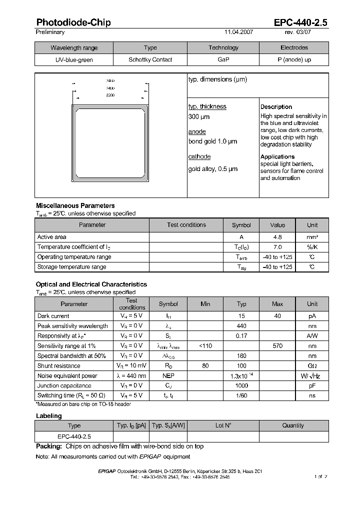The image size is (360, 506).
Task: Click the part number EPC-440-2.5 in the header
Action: coord(300,22)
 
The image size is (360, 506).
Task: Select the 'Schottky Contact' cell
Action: coord(150,60)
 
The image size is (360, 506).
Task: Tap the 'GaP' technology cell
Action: coord(223,60)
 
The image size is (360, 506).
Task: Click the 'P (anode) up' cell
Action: coord(294,60)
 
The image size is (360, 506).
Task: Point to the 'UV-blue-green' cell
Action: coord(74,60)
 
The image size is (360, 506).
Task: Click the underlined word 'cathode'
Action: coord(199,157)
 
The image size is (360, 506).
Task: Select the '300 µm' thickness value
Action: coord(199,117)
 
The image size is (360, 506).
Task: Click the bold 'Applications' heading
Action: coord(277,157)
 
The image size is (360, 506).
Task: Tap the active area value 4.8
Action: coord(277,237)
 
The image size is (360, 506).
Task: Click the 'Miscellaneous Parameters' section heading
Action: coord(75,205)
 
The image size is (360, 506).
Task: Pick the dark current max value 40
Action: coord(277,316)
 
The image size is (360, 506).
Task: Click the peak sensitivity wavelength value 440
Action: coord(241,326)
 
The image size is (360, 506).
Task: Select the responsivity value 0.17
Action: coord(241,336)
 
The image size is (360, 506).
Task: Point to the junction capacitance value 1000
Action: coord(241,385)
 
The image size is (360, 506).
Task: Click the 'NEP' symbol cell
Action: coord(168,375)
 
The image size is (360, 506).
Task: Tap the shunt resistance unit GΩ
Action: coord(312,366)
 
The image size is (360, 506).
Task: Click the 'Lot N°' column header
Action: coord(223,425)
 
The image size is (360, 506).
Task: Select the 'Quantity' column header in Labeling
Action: coord(293,425)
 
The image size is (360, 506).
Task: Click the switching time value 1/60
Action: coord(241,395)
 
